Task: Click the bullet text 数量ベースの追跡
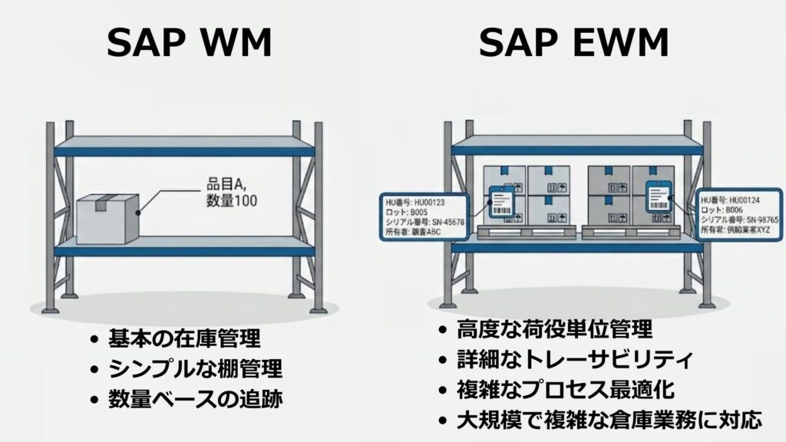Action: coord(190,399)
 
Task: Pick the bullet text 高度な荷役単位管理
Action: coord(554,330)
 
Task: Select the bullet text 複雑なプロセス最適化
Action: coord(566,389)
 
